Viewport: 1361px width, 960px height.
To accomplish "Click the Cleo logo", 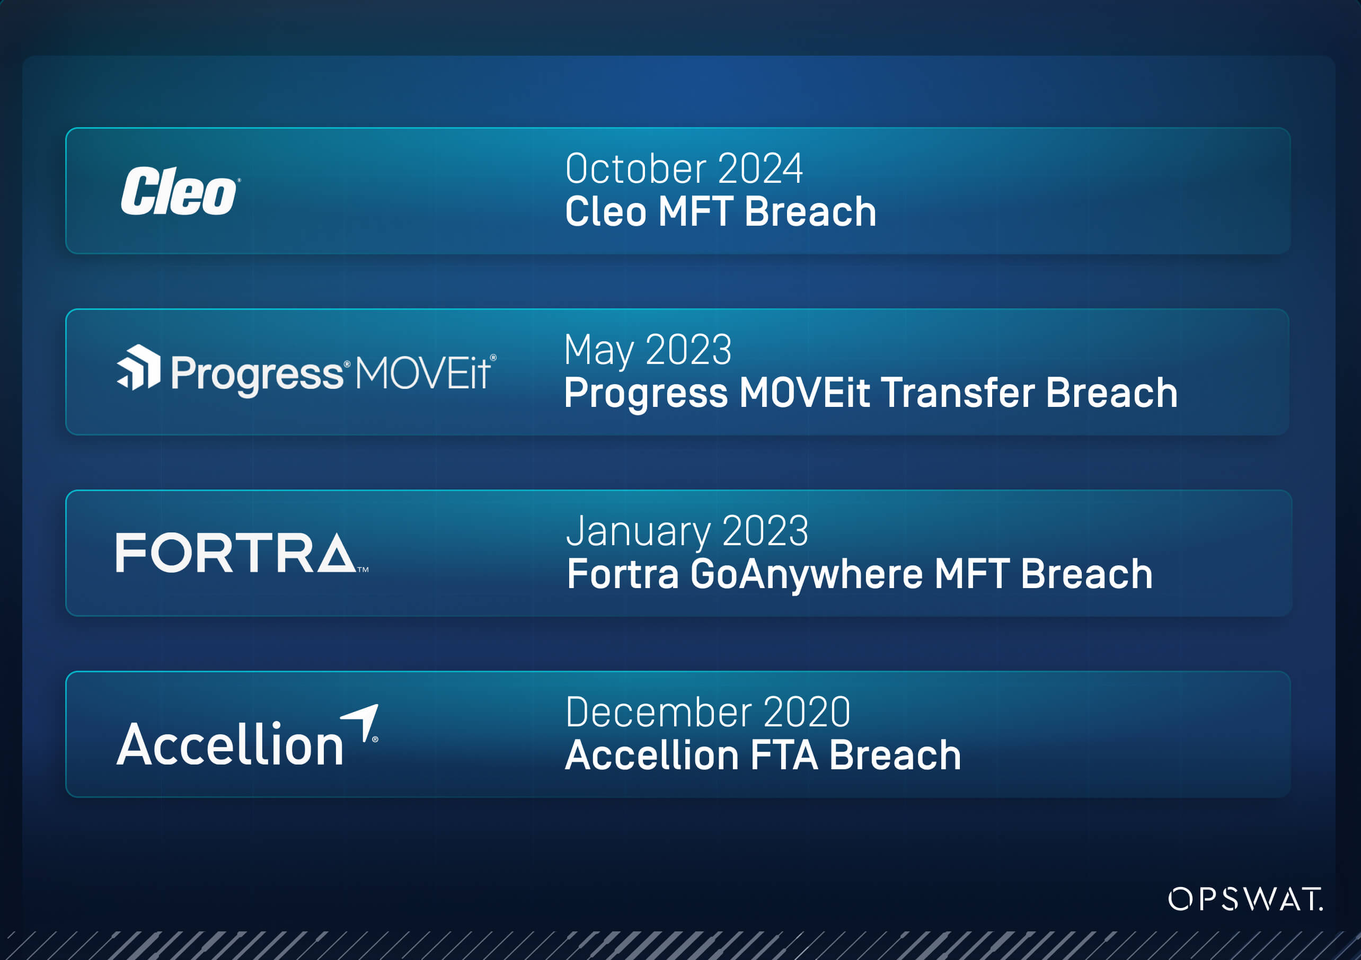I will [179, 191].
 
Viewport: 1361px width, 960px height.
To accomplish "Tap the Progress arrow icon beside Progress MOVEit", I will [139, 367].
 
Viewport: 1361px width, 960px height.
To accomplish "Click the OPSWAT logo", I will [1245, 899].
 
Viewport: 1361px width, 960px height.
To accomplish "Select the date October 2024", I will [684, 169].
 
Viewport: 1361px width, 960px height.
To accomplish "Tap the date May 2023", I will [647, 350].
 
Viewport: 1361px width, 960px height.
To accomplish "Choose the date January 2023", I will [687, 531].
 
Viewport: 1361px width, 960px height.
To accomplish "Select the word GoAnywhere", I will [806, 574].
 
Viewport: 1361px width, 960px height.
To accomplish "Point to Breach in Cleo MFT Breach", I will [810, 211].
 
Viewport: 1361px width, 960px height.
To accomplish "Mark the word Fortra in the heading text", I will [622, 574].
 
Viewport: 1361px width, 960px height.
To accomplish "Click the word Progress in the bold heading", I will [646, 394].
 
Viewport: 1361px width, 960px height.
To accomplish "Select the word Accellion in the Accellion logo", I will [230, 744].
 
